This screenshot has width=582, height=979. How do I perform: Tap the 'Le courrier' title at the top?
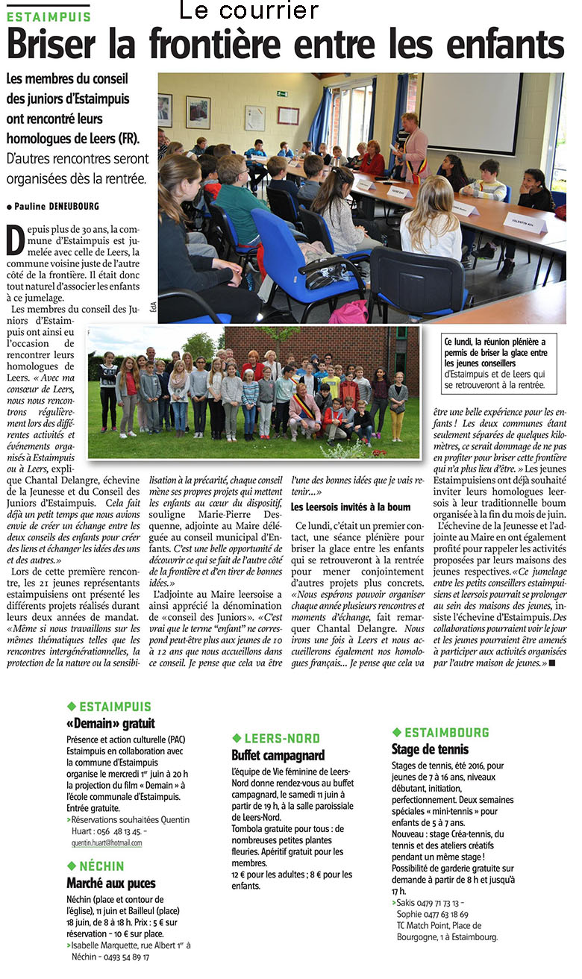pos(249,10)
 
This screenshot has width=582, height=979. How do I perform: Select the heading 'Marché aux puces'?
pos(111,883)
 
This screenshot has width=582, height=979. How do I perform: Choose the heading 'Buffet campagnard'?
pos(278,755)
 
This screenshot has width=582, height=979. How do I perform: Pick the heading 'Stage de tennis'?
pos(431,749)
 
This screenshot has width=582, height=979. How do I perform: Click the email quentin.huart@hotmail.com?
pos(104,842)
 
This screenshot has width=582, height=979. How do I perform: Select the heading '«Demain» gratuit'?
pos(110,723)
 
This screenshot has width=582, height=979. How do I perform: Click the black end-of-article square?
pos(552,662)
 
